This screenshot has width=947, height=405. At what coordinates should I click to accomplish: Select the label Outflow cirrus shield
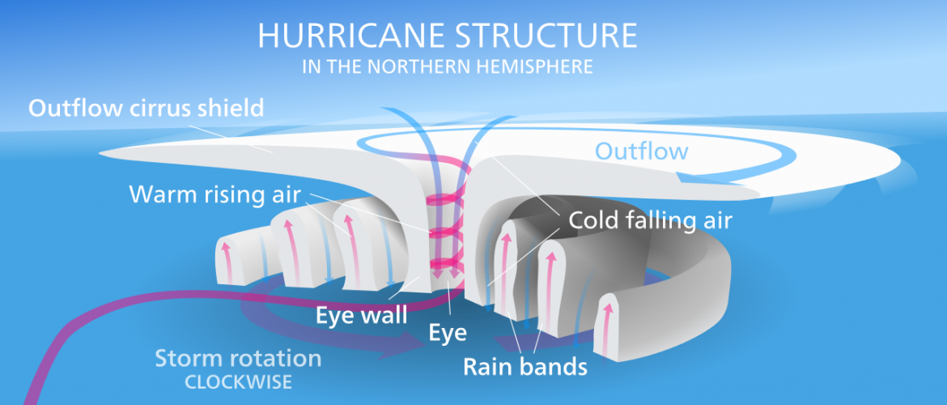[147, 109]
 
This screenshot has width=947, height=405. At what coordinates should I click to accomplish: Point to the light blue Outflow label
[641, 151]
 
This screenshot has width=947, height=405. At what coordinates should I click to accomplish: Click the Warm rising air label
[215, 194]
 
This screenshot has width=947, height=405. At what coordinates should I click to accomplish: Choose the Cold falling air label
[650, 220]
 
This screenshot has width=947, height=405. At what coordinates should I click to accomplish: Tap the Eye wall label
[361, 315]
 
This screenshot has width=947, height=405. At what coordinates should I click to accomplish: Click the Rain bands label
[524, 366]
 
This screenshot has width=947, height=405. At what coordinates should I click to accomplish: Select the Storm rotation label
[238, 359]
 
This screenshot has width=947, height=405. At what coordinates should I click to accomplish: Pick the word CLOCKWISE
[238, 382]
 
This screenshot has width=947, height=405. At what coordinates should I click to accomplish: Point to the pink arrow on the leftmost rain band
[227, 261]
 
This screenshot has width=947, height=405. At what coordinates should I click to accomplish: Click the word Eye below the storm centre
[448, 331]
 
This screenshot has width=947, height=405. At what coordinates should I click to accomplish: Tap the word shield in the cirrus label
[234, 109]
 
